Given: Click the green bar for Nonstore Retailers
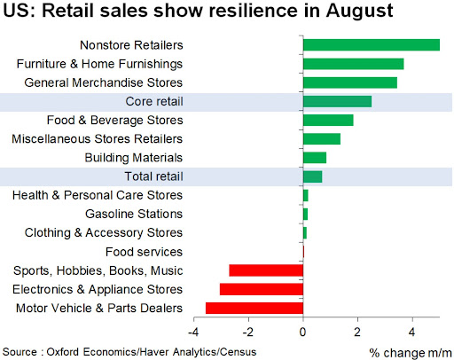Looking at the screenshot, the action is [372, 45].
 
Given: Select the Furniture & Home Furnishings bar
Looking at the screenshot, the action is [354, 64].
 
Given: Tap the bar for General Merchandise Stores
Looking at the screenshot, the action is [350, 82].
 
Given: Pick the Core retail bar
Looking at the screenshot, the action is [337, 101].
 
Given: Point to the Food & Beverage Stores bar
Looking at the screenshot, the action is [328, 120].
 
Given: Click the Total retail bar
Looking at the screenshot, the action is [313, 176].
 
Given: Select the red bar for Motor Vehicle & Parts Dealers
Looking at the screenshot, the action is [254, 308].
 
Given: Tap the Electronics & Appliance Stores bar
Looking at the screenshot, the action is [262, 289].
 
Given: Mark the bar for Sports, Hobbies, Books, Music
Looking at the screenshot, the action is [266, 270].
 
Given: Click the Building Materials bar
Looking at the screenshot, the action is [315, 158].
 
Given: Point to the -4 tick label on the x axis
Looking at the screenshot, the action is [193, 333].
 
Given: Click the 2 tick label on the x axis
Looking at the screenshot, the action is [357, 333].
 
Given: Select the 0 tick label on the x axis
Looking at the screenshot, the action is [302, 333].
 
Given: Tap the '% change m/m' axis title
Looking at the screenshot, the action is [411, 353].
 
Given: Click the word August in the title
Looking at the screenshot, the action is [359, 11].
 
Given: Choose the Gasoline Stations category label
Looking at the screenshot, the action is [134, 214].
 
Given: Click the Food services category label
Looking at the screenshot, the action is [144, 252].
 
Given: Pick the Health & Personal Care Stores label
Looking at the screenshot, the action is [98, 195].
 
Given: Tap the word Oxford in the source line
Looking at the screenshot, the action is [63, 352].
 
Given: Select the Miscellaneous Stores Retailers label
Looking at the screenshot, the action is [97, 139].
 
